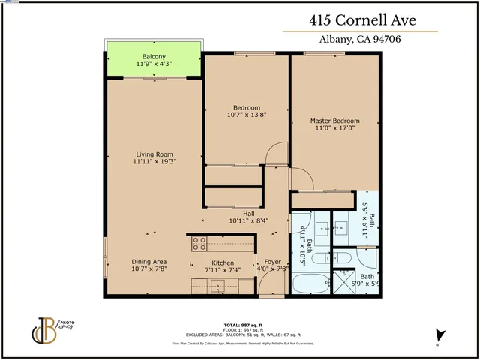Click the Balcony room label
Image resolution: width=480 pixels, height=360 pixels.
point(154,57)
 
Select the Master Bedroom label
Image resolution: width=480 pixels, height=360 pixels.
point(334,121)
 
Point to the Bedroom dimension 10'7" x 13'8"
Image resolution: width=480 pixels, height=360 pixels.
point(247,115)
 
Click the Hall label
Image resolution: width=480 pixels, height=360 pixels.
point(248,214)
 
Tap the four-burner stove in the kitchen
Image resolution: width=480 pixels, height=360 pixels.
point(199,243)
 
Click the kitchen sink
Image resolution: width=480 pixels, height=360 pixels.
point(218,284)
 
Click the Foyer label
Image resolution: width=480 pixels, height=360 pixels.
point(272,262)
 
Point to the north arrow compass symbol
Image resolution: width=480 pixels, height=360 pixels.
point(439,336)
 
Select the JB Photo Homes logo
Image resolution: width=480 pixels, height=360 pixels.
point(44,329)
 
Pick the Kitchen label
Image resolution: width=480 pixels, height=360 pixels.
point(223,262)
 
